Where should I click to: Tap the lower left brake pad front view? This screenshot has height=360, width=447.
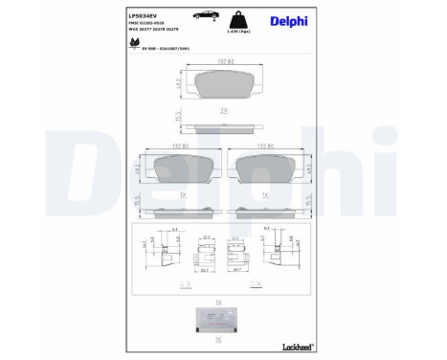[x=176, y=169]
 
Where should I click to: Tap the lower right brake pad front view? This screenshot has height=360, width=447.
[x=270, y=169]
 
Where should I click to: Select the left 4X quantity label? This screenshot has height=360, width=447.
[x=182, y=285]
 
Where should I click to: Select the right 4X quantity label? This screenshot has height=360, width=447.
[x=255, y=285]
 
